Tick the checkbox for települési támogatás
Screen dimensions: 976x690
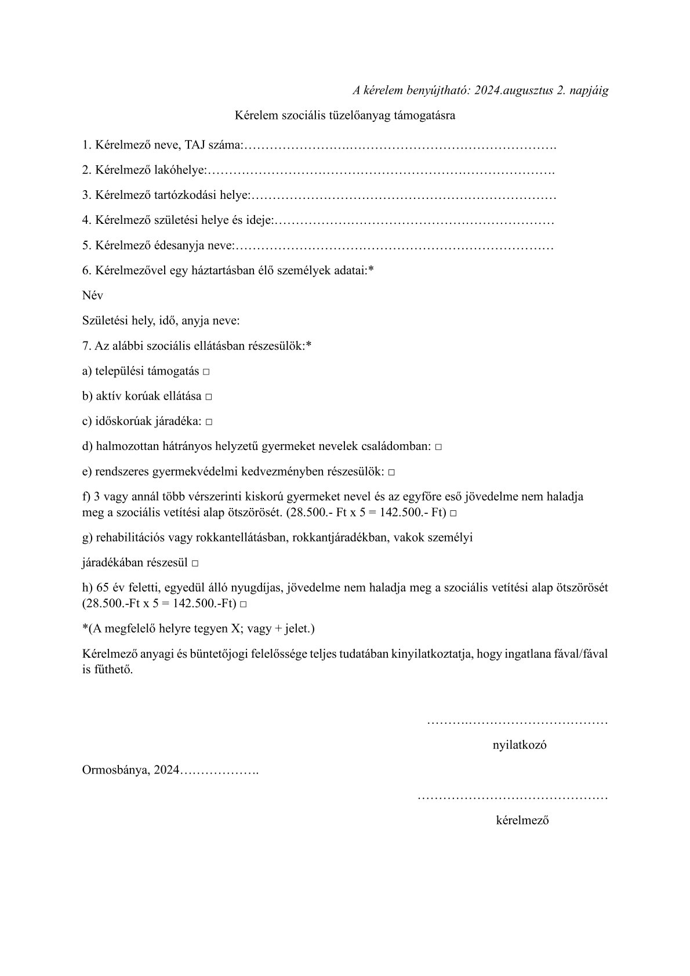(x=206, y=372)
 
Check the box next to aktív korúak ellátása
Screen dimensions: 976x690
(x=209, y=397)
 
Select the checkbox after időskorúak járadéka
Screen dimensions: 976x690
(x=209, y=422)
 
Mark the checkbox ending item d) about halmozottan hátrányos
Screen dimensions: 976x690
(x=438, y=448)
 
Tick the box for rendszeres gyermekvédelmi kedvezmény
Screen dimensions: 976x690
(x=392, y=473)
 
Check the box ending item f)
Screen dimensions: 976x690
(x=453, y=514)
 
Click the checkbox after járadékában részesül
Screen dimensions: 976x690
(x=195, y=564)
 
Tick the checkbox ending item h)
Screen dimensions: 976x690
(x=243, y=604)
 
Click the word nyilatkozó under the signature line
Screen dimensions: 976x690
(x=519, y=745)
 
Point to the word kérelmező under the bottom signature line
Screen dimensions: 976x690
(x=522, y=821)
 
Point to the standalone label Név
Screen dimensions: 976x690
(x=93, y=295)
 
